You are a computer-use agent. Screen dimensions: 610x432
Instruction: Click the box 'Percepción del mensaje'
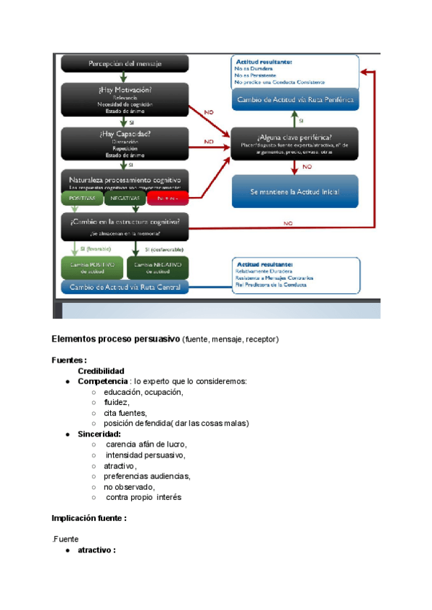[x=125, y=64]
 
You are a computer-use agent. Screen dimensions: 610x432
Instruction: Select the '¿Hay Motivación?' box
[x=125, y=101]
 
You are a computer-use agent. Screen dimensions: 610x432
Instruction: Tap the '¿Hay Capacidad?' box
[x=125, y=143]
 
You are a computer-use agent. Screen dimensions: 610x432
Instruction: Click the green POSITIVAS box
[x=81, y=198]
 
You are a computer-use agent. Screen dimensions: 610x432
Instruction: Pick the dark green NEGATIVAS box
[x=125, y=198]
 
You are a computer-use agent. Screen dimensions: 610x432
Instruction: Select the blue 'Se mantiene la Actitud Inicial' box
[x=294, y=192]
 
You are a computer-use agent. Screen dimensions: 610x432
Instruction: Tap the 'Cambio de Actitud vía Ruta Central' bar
[x=126, y=288]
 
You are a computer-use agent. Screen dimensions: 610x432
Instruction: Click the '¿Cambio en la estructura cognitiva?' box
[x=125, y=224]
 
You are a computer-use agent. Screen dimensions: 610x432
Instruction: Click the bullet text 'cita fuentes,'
[x=125, y=413]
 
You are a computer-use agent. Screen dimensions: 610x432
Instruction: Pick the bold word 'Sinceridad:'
[x=99, y=434]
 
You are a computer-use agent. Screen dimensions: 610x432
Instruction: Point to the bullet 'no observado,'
[x=129, y=487]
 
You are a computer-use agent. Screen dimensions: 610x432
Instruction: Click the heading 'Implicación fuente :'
[x=89, y=518]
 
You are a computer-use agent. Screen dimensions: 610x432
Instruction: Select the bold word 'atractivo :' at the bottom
[x=96, y=550]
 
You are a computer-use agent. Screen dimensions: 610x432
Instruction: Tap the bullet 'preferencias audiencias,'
[x=147, y=476]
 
